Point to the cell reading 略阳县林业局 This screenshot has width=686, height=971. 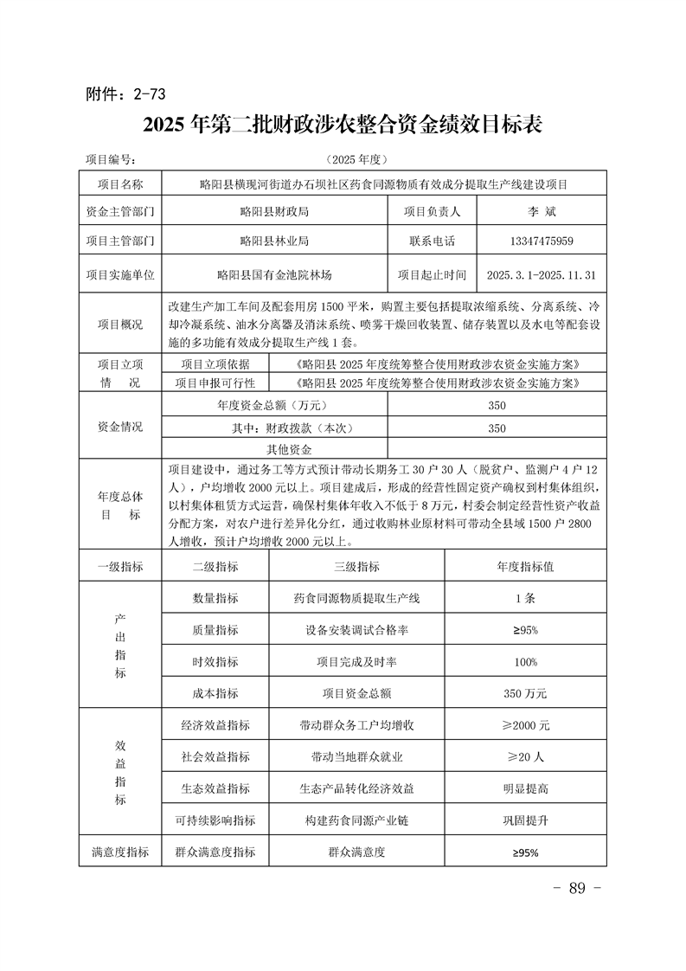click(x=274, y=241)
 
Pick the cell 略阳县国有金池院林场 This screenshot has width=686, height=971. click(x=274, y=275)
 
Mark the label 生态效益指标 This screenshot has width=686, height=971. click(x=215, y=788)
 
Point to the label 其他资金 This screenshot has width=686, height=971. click(x=289, y=450)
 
